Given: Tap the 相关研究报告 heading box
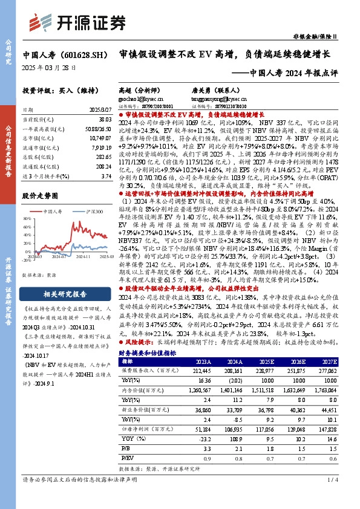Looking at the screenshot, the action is click(x=59, y=294).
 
